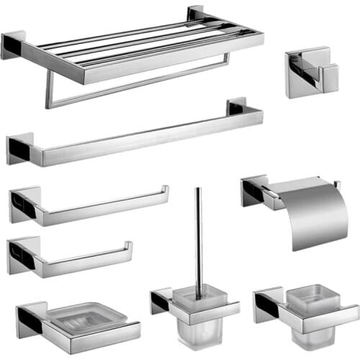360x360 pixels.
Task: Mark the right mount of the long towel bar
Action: [x=237, y=107]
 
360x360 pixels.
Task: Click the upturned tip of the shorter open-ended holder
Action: [x=130, y=247]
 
